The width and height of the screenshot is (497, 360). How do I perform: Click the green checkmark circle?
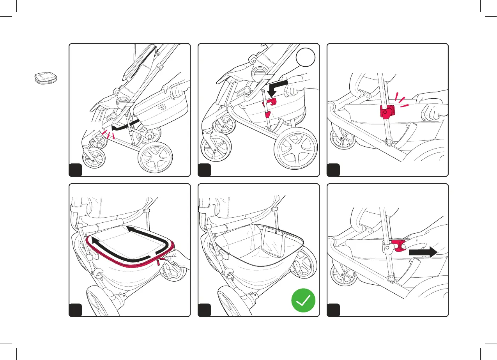click(303, 301)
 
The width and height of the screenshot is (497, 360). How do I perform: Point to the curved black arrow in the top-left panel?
click(125, 126)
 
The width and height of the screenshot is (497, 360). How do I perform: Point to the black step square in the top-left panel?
click(76, 170)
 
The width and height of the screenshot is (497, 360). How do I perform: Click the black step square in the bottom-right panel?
click(333, 310)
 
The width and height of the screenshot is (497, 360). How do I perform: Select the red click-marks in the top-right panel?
click(400, 99)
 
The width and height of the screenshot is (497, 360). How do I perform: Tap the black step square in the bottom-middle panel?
click(205, 310)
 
